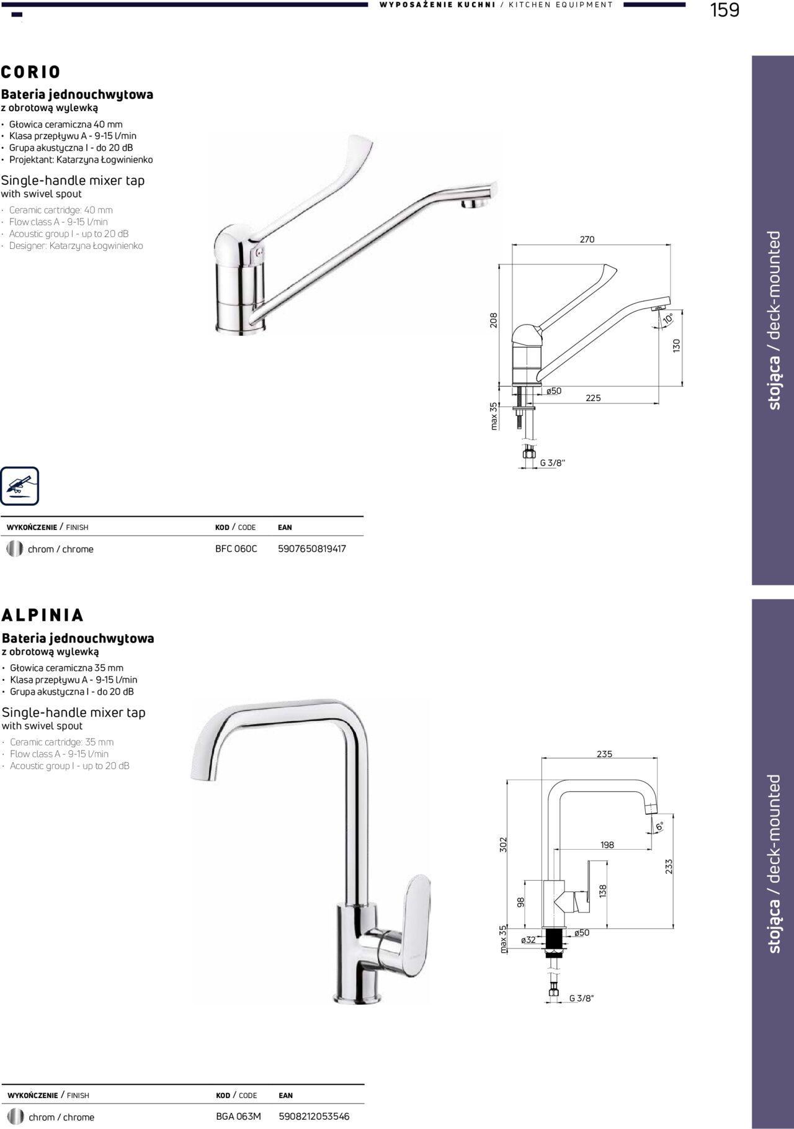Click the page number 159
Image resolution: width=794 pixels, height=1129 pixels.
pos(725,11)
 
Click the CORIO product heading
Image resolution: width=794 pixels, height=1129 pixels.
pos(31,72)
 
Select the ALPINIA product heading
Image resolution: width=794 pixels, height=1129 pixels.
pos(43,615)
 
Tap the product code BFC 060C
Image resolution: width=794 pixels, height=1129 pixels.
pos(236,549)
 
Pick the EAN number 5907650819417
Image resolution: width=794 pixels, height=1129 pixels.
pos(312,549)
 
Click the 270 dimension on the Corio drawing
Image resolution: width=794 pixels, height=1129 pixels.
pos(587,240)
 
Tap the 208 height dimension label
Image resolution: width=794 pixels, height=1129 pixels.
pos(494,320)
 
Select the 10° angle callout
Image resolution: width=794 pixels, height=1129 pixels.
pos(668,318)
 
